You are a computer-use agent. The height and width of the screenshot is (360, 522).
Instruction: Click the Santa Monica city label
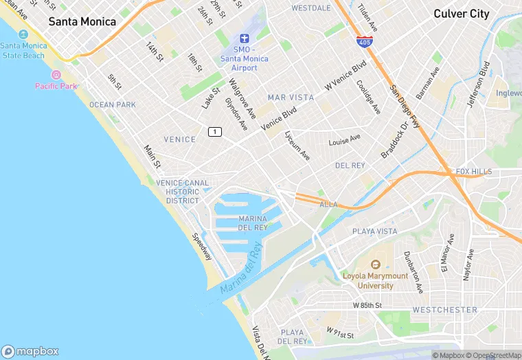pyautogui.click(x=82, y=22)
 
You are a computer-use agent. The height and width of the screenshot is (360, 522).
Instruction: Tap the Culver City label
pyautogui.click(x=461, y=14)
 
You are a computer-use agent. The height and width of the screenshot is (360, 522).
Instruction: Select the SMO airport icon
pyautogui.click(x=244, y=38)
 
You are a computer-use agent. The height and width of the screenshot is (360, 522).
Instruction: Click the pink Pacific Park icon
pyautogui.click(x=56, y=74)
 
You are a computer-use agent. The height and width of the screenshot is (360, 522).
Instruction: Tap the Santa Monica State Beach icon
pyautogui.click(x=25, y=34)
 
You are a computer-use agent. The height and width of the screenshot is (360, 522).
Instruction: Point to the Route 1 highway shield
pyautogui.click(x=216, y=131)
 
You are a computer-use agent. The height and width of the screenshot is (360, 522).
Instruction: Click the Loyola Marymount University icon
pyautogui.click(x=376, y=265)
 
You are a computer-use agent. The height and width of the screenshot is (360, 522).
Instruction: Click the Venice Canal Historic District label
pyautogui.click(x=183, y=192)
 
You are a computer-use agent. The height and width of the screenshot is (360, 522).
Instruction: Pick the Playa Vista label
pyautogui.click(x=374, y=232)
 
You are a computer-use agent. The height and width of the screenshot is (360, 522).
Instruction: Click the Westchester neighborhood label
pyautogui.click(x=445, y=310)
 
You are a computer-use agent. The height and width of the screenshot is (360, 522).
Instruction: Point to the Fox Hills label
pyautogui.click(x=473, y=172)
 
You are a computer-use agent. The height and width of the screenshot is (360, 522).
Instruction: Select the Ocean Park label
pyautogui.click(x=113, y=104)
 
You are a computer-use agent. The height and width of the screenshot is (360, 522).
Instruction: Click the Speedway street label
pyautogui.click(x=204, y=247)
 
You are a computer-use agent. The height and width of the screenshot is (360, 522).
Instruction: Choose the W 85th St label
pyautogui.click(x=367, y=304)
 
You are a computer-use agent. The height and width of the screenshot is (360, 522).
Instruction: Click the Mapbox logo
pyautogui.click(x=30, y=350)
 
